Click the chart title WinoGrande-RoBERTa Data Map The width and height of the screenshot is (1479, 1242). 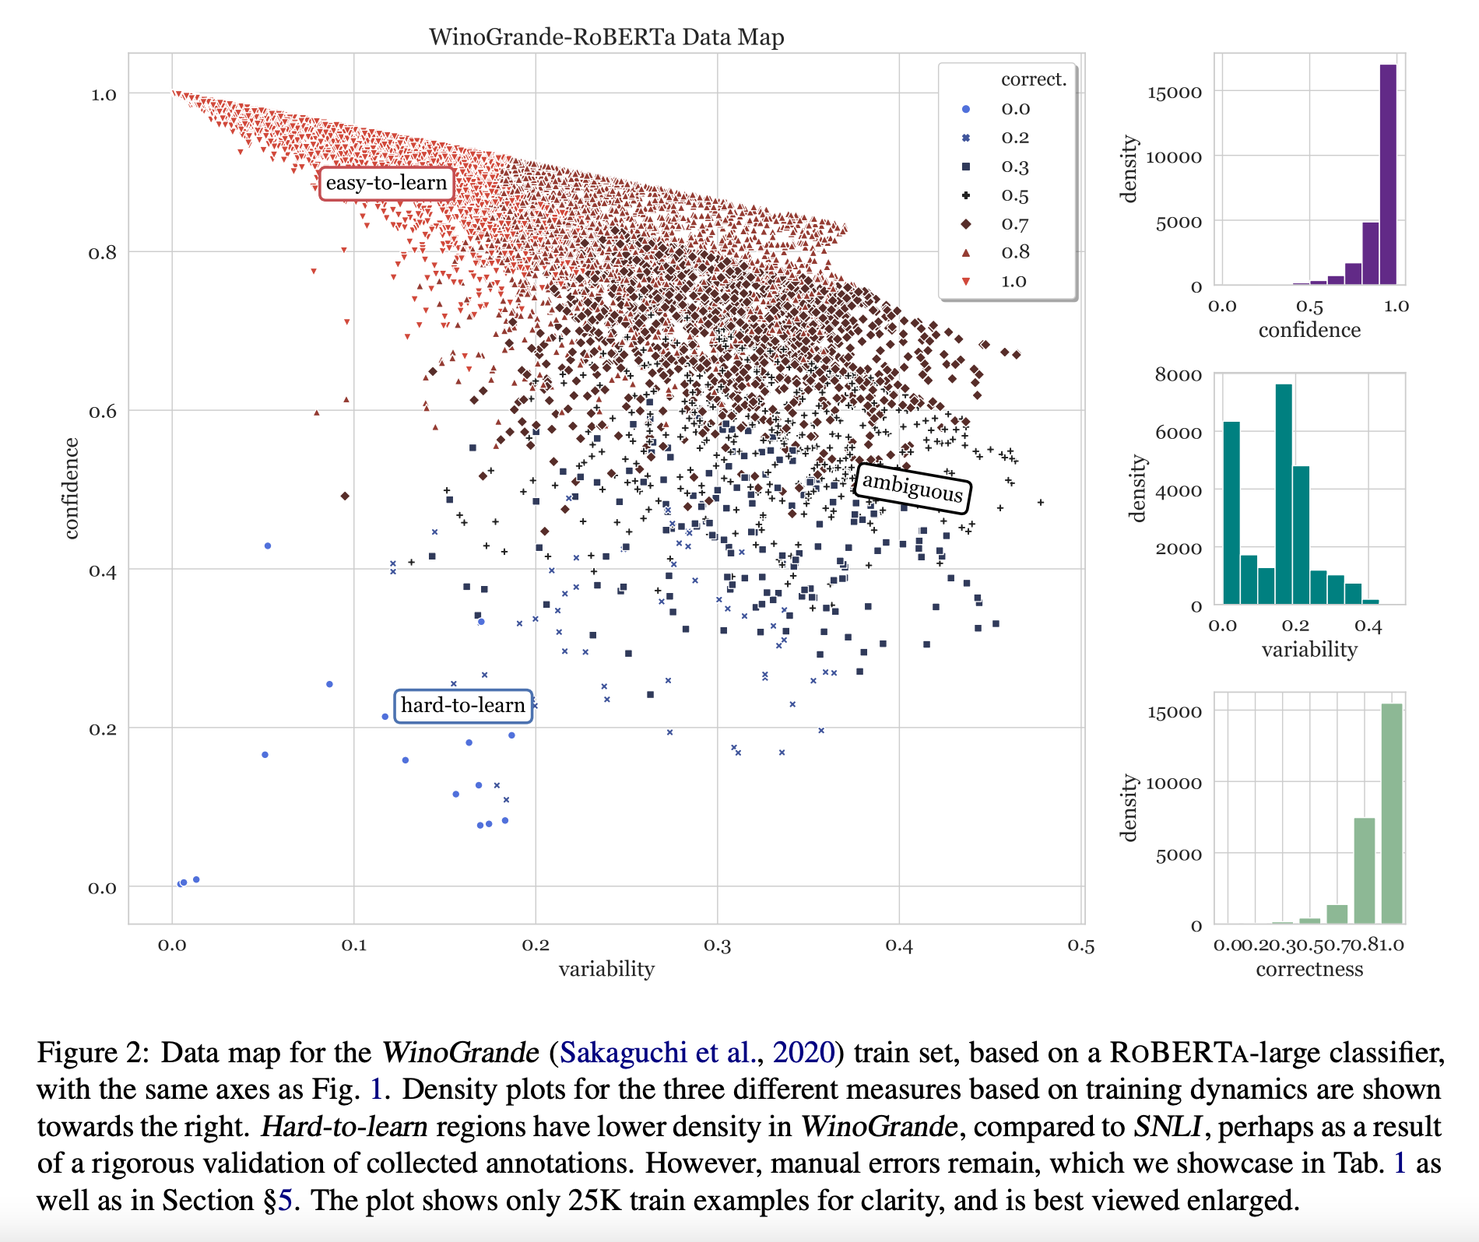coord(606,37)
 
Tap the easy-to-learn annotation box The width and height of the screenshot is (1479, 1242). coord(386,184)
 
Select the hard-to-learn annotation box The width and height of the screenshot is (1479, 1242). coord(462,706)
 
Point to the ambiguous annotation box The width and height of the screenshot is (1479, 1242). coord(912,488)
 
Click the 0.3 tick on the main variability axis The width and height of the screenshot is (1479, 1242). coord(717,946)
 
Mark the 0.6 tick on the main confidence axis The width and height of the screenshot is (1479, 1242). coord(102,412)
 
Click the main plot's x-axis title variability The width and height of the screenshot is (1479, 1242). coord(606,969)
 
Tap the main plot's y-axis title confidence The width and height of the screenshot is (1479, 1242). coord(72,488)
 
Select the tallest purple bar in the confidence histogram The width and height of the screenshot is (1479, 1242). coord(1388,174)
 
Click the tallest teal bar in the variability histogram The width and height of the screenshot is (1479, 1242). coord(1284,493)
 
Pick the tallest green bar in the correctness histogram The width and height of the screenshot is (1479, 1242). coord(1391,813)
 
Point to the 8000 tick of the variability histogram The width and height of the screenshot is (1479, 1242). coord(1178,375)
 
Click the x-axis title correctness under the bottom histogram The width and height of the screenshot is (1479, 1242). coord(1309,970)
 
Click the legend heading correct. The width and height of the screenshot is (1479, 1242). coord(1033,79)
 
